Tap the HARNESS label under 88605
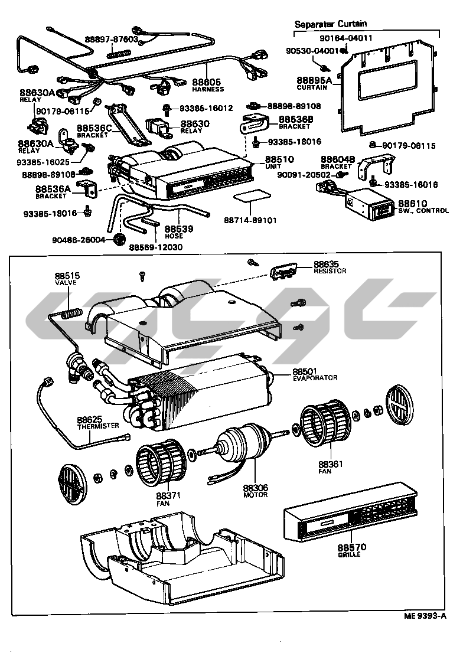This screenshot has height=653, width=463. [207, 89]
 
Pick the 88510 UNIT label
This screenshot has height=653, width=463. [281, 163]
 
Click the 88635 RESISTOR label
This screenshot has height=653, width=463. [330, 267]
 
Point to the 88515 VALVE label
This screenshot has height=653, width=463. [67, 279]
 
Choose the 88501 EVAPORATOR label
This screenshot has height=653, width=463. [315, 374]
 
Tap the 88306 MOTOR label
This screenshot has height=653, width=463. [255, 491]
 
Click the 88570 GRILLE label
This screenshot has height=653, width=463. [352, 551]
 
